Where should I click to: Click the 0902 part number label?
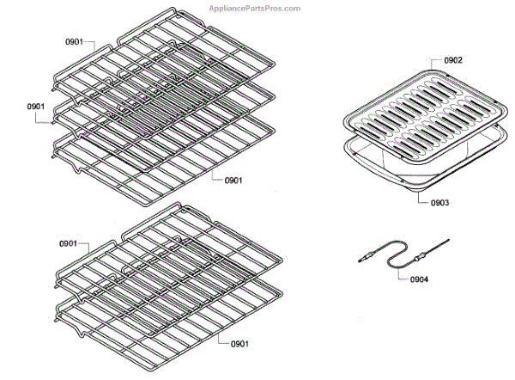point(453,60)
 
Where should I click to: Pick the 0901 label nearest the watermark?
point(75,41)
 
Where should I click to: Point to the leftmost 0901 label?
point(35,106)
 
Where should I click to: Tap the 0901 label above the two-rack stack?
point(70,244)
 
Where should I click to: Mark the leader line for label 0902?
point(434,62)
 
